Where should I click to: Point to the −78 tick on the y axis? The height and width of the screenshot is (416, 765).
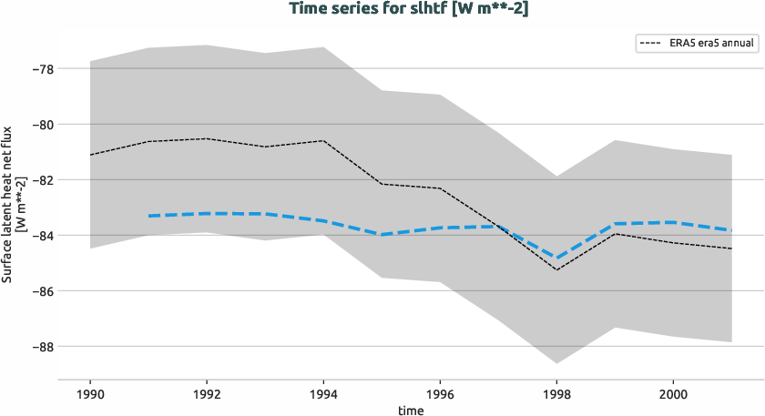pos(41,69)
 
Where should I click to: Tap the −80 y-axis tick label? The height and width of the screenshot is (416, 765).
pos(41,125)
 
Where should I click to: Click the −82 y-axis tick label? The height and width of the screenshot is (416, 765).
pos(41,180)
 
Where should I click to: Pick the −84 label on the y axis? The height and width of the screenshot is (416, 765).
pos(41,236)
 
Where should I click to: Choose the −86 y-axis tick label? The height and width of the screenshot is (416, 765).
pos(41,291)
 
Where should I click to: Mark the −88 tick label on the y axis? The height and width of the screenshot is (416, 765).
pos(41,347)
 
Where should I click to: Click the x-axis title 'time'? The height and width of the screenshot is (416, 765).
pos(410,411)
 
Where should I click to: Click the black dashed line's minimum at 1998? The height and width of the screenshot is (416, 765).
pos(556,269)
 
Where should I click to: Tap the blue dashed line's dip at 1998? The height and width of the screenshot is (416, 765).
pos(556,259)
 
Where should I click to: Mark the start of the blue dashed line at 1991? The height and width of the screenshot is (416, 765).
pos(148,216)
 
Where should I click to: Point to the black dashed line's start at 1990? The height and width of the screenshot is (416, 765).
pos(90,155)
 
